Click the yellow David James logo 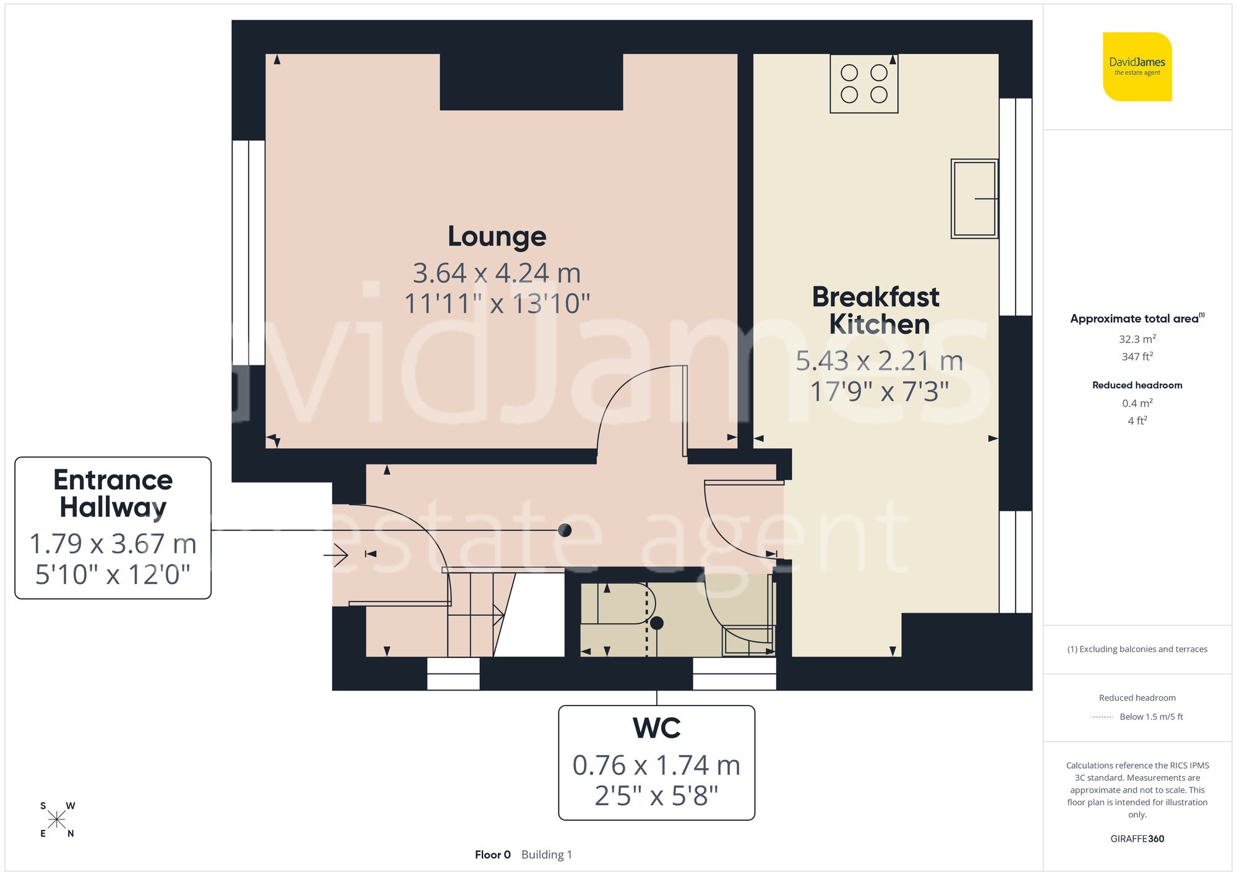pyautogui.click(x=1137, y=67)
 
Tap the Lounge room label pyautogui.click(x=497, y=236)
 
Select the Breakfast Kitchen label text pyautogui.click(x=876, y=310)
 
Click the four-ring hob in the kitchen pyautogui.click(x=863, y=83)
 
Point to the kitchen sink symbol pyautogui.click(x=974, y=198)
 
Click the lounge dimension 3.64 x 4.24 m pyautogui.click(x=497, y=273)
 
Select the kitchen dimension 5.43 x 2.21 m pyautogui.click(x=879, y=361)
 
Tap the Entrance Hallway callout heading pyautogui.click(x=113, y=493)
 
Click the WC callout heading pyautogui.click(x=656, y=728)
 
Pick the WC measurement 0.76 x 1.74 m pyautogui.click(x=656, y=766)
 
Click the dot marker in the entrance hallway pyautogui.click(x=564, y=530)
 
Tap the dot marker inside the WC pyautogui.click(x=657, y=623)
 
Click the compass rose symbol pyautogui.click(x=57, y=820)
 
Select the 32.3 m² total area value pyautogui.click(x=1137, y=339)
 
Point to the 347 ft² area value pyautogui.click(x=1137, y=357)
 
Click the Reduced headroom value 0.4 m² pyautogui.click(x=1137, y=403)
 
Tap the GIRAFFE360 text pyautogui.click(x=1137, y=839)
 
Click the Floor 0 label pyautogui.click(x=492, y=855)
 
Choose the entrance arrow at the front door pyautogui.click(x=336, y=555)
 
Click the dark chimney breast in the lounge pyautogui.click(x=531, y=82)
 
